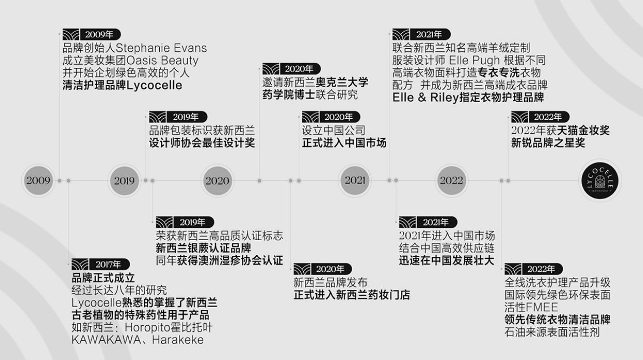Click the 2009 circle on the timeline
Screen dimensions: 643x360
point(38,181)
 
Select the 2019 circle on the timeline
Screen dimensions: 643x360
point(124,181)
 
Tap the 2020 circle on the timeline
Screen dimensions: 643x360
point(217,181)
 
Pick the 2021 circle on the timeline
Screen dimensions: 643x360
point(355,181)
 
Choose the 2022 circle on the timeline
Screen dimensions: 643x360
point(451,181)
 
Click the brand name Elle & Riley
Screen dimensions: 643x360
point(426,97)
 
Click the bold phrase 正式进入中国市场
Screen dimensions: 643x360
point(344,142)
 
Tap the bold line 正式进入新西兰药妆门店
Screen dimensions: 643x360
point(352,295)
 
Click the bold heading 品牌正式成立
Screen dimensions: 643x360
point(103,278)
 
